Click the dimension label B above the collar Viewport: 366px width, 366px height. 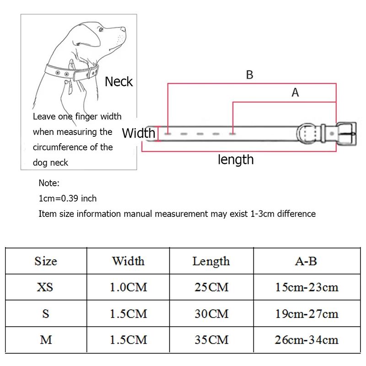click(x=249, y=75)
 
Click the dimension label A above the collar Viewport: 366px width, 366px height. click(x=295, y=92)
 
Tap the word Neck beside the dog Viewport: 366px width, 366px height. click(x=118, y=81)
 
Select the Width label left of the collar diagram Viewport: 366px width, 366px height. click(x=139, y=133)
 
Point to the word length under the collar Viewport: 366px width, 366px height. click(x=236, y=160)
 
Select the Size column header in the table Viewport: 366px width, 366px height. click(x=46, y=261)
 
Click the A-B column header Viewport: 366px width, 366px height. click(x=306, y=261)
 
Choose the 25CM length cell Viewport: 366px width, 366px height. click(x=210, y=287)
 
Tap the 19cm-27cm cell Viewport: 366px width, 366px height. click(x=307, y=313)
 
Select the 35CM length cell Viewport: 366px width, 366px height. click(x=210, y=340)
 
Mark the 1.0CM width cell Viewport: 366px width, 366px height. click(x=128, y=287)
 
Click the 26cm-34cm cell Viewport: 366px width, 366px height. click(x=307, y=340)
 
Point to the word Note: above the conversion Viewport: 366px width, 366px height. click(x=49, y=183)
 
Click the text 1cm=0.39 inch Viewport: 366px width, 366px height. click(x=68, y=198)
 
